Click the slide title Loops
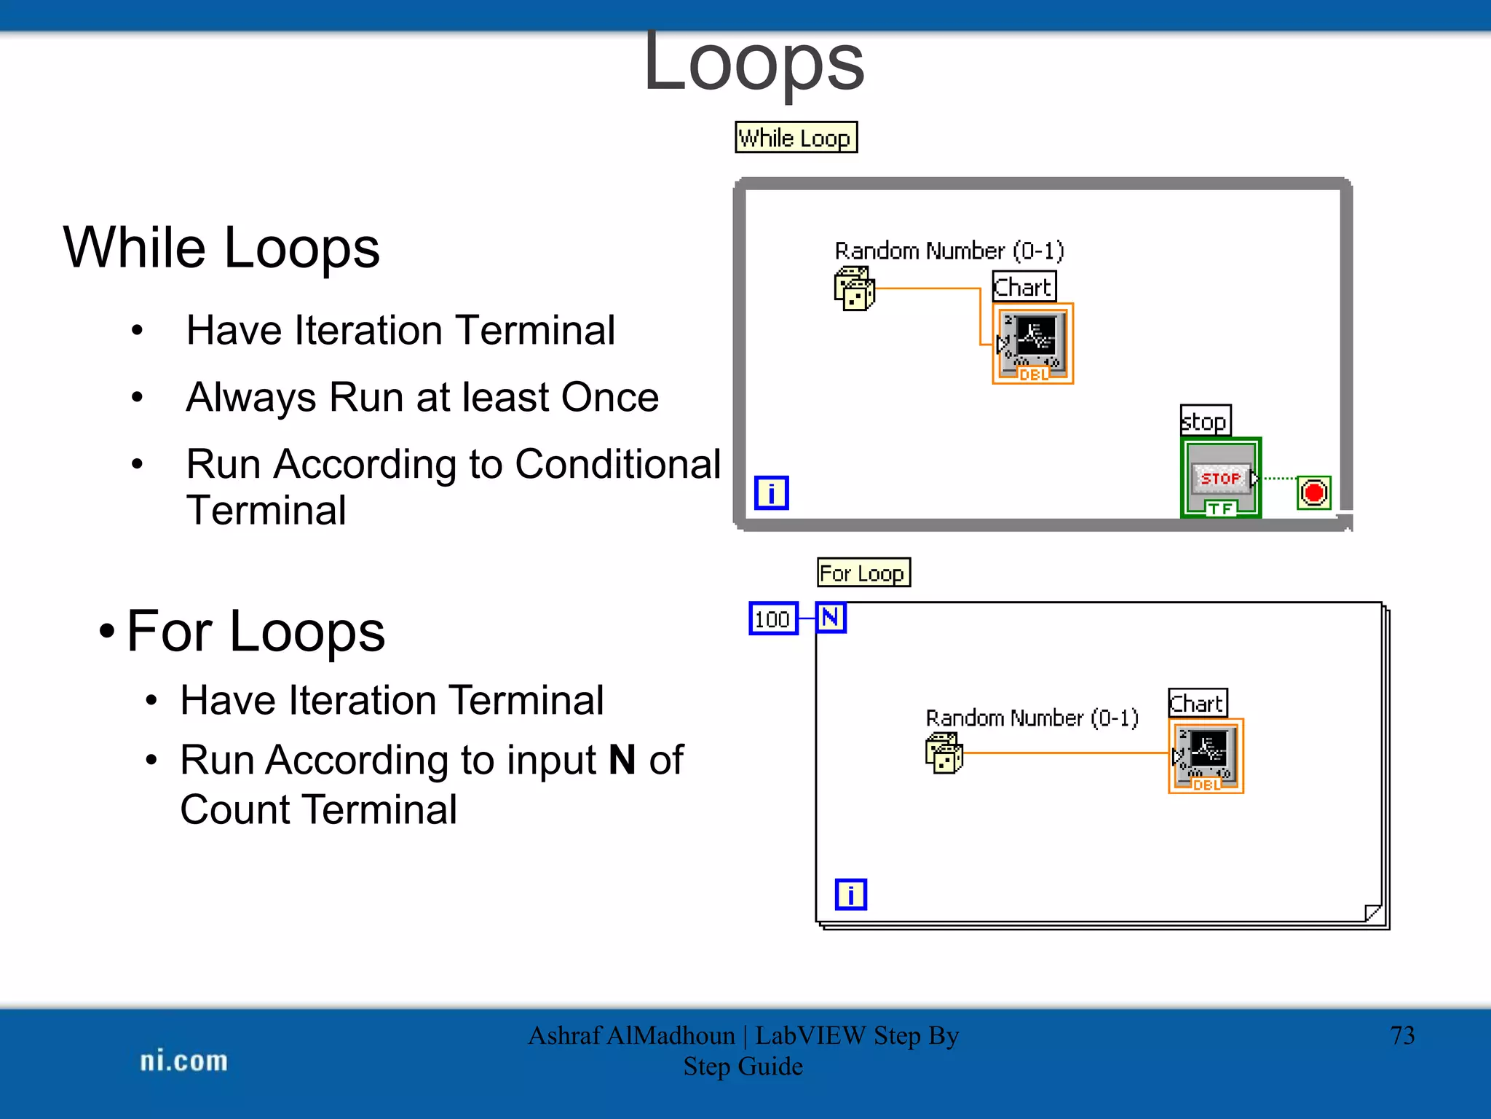point(754,64)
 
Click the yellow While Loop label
point(796,138)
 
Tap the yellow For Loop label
point(863,573)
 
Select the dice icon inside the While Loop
point(854,289)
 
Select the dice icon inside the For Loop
point(944,753)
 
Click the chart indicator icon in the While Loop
point(1032,343)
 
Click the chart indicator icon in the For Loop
point(1206,755)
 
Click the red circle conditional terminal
point(1313,493)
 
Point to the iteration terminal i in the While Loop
point(771,493)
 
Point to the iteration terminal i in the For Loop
point(850,895)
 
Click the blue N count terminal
point(831,618)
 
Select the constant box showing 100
point(773,619)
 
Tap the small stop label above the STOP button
point(1205,421)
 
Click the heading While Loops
point(221,248)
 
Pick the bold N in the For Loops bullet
point(622,760)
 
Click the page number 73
point(1401,1035)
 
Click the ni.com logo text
point(183,1061)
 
